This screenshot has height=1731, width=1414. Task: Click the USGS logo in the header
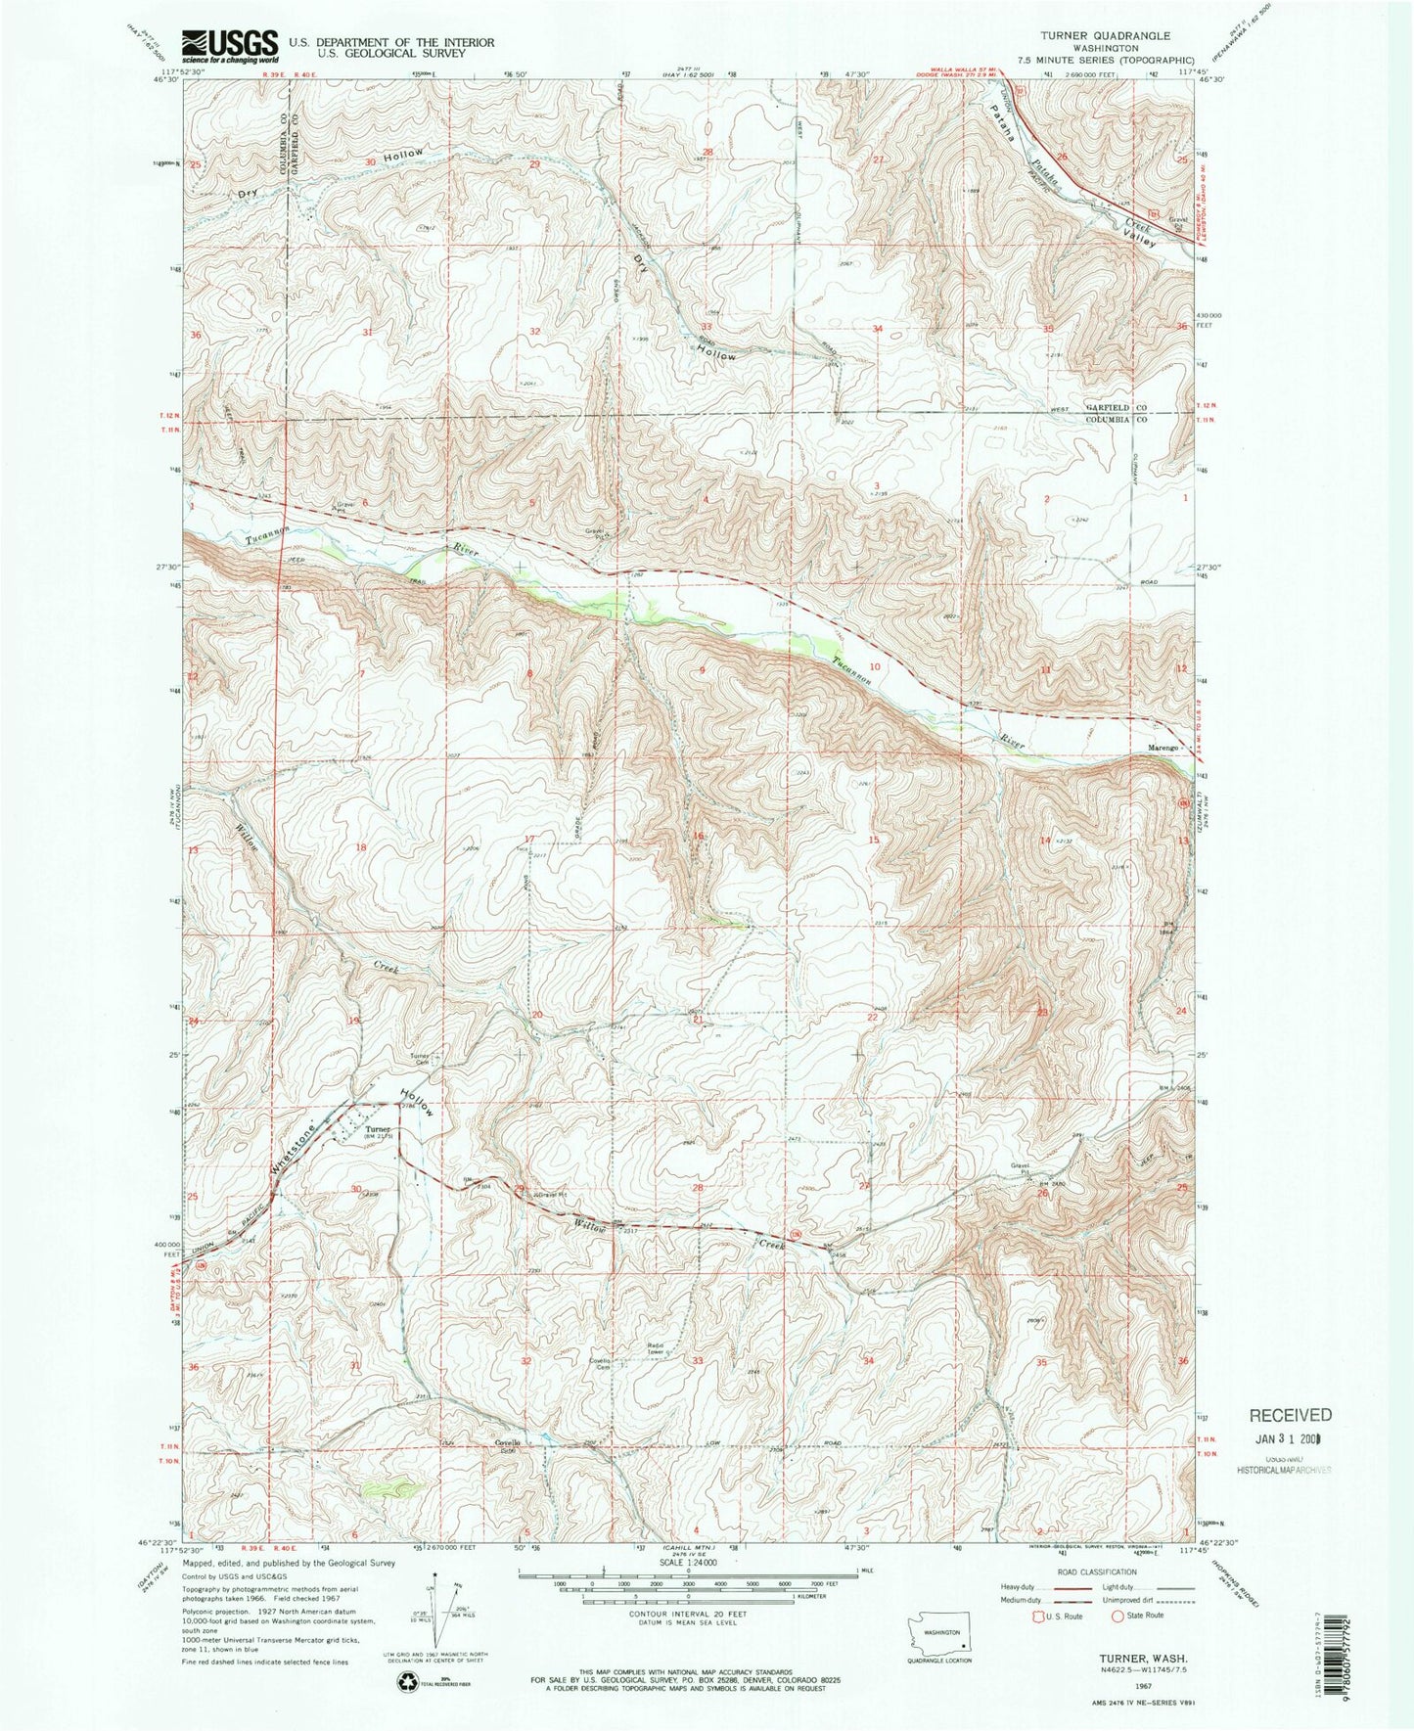coord(231,45)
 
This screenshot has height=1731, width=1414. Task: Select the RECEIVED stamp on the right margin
coord(1288,1415)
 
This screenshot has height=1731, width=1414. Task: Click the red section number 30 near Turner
coord(356,1189)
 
